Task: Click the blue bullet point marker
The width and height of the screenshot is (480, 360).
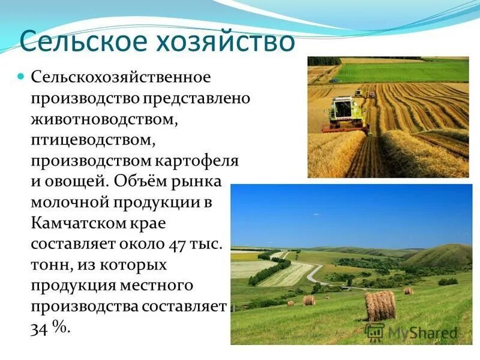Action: pyautogui.click(x=21, y=77)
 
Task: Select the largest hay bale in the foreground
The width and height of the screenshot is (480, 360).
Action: pyautogui.click(x=380, y=305)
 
